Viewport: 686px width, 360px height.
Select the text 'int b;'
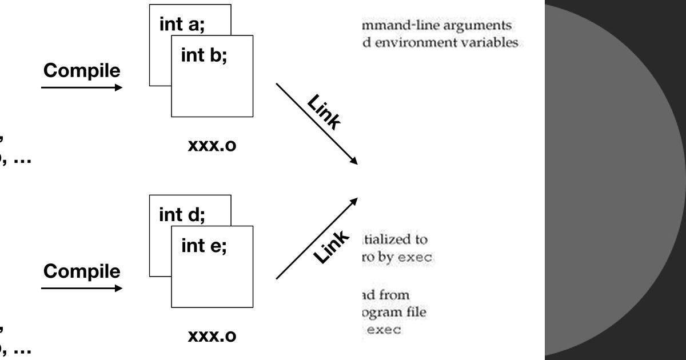coord(204,57)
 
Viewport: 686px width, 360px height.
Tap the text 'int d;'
coord(182,215)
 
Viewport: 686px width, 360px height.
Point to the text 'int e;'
coord(204,247)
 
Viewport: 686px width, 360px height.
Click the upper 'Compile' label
coord(82,71)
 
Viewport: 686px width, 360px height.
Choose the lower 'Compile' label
coord(82,271)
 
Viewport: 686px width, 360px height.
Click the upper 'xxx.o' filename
coord(212,146)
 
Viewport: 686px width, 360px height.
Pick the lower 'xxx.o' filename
coord(212,336)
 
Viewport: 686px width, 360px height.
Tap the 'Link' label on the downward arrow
coord(324,112)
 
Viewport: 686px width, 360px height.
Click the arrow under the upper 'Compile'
coord(82,87)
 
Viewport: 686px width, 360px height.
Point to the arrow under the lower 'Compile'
coord(82,288)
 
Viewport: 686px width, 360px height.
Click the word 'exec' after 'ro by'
coord(417,258)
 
